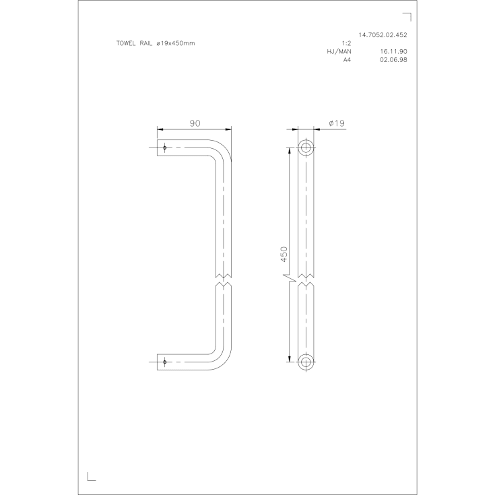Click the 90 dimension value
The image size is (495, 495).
pos(195,123)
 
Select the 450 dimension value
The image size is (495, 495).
pos(284,254)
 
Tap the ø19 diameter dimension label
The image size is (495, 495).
pos(337,123)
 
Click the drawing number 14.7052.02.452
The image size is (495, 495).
pos(383,35)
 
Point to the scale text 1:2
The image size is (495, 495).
pos(346,43)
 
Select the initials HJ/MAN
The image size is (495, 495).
pos(339,51)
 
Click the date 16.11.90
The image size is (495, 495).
pos(393,51)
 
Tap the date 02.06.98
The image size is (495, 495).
pos(393,60)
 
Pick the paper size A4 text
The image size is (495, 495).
pos(347,60)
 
